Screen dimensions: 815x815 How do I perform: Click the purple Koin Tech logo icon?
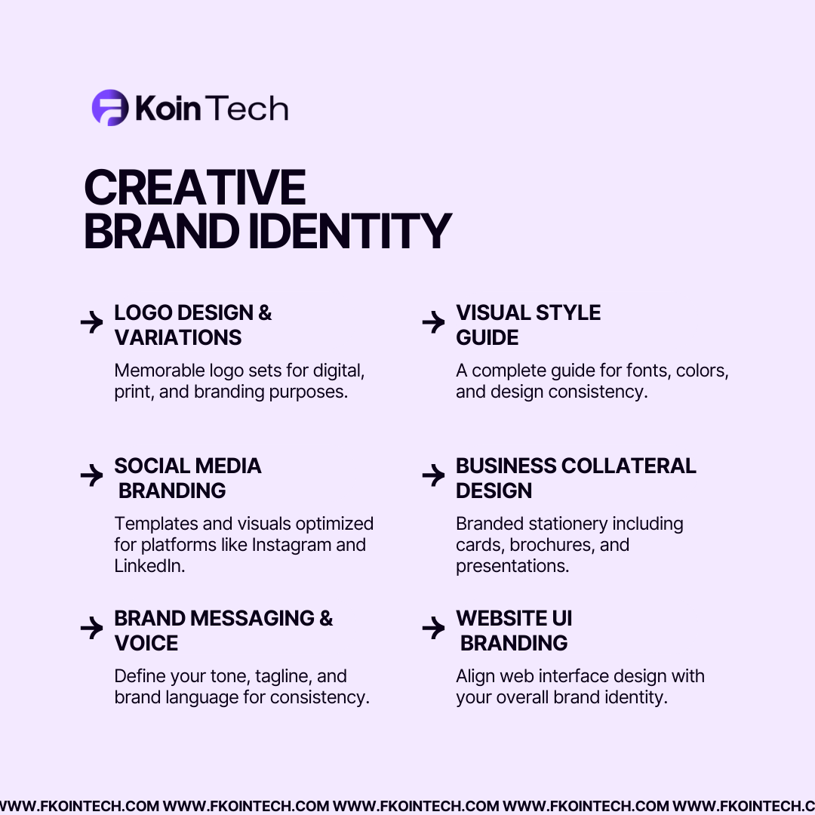[110, 108]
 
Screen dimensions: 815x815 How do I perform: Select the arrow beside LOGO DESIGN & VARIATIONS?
[91, 322]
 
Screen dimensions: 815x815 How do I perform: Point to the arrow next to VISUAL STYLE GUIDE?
[433, 322]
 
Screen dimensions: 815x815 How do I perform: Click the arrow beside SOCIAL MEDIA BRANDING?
[91, 475]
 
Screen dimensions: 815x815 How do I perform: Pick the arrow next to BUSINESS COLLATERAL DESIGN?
[433, 475]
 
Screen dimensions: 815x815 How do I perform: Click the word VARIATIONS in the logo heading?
[178, 337]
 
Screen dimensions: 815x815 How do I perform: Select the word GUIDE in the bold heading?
[487, 337]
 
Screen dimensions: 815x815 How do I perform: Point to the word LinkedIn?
[149, 566]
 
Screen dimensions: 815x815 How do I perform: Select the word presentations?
[512, 566]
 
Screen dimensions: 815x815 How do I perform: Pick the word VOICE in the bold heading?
[146, 643]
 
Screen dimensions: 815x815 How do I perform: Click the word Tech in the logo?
[247, 109]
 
